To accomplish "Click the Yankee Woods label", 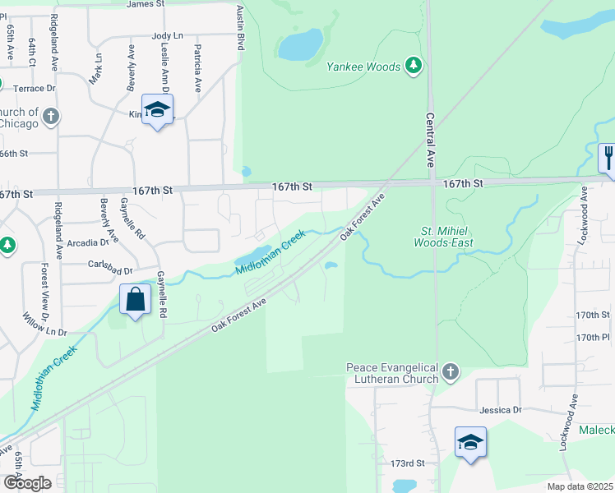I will click(x=363, y=67).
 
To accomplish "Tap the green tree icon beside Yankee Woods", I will click(x=414, y=66).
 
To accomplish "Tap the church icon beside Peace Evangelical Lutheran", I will click(x=450, y=372).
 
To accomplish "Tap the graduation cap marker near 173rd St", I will click(x=470, y=442).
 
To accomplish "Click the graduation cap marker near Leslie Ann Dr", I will click(x=157, y=109).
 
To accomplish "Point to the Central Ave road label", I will click(x=430, y=139).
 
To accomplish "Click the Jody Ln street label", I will click(x=166, y=36).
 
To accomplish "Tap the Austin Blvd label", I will click(x=241, y=26).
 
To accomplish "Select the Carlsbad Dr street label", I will click(x=111, y=269).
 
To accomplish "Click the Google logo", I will click(x=27, y=483).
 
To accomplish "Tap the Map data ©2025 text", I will click(x=579, y=487).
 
